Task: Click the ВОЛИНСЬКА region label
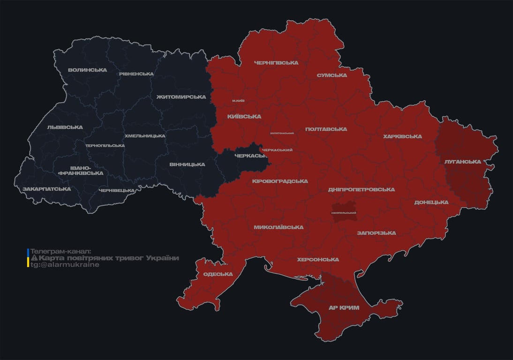[x=87, y=70]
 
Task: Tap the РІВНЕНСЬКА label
[x=136, y=74]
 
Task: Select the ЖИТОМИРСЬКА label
[x=181, y=97]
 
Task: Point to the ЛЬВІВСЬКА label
[x=65, y=127]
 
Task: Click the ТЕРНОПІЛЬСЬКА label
[x=105, y=146]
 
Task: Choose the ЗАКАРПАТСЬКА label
[x=47, y=189]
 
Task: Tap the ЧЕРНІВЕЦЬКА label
[x=117, y=190]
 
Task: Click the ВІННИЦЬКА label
[x=188, y=165]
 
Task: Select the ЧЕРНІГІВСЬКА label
[x=276, y=63]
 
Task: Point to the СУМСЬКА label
[x=332, y=75]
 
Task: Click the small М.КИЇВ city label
[x=238, y=101]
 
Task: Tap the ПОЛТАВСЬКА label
[x=326, y=129]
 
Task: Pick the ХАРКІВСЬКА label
[x=402, y=137]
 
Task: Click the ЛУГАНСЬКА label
[x=463, y=162]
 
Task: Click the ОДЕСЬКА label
[x=218, y=274]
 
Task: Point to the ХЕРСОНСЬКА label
[x=318, y=260]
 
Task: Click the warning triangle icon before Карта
[x=34, y=258]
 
